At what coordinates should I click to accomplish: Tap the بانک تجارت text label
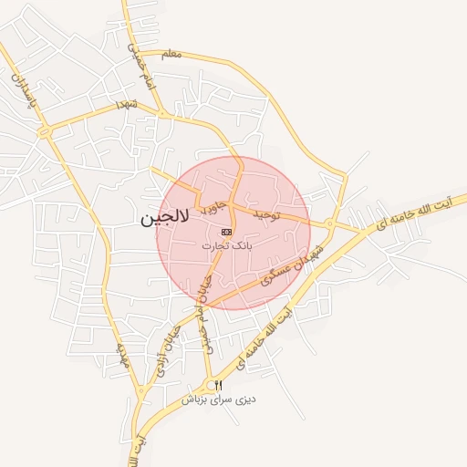[226, 245]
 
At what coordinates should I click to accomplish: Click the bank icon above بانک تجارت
[226, 233]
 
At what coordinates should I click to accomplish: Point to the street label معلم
[171, 55]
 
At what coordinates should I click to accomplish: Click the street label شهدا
[125, 107]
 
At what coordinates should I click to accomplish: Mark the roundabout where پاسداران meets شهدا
[45, 132]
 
